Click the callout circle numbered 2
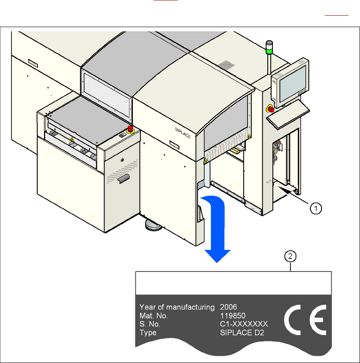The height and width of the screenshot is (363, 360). [x=290, y=256]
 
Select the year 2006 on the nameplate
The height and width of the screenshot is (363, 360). [x=228, y=307]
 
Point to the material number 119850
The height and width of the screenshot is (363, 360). [x=232, y=316]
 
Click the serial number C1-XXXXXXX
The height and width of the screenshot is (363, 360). [x=244, y=324]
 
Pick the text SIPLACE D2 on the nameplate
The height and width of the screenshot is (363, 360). [x=242, y=333]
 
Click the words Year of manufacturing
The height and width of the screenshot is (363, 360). [x=177, y=307]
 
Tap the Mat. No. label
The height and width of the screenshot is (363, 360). [x=154, y=316]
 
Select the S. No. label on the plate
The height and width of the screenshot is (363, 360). [x=150, y=324]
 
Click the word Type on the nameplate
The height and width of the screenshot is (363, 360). [x=148, y=333]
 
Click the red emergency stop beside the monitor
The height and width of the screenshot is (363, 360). [x=269, y=108]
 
